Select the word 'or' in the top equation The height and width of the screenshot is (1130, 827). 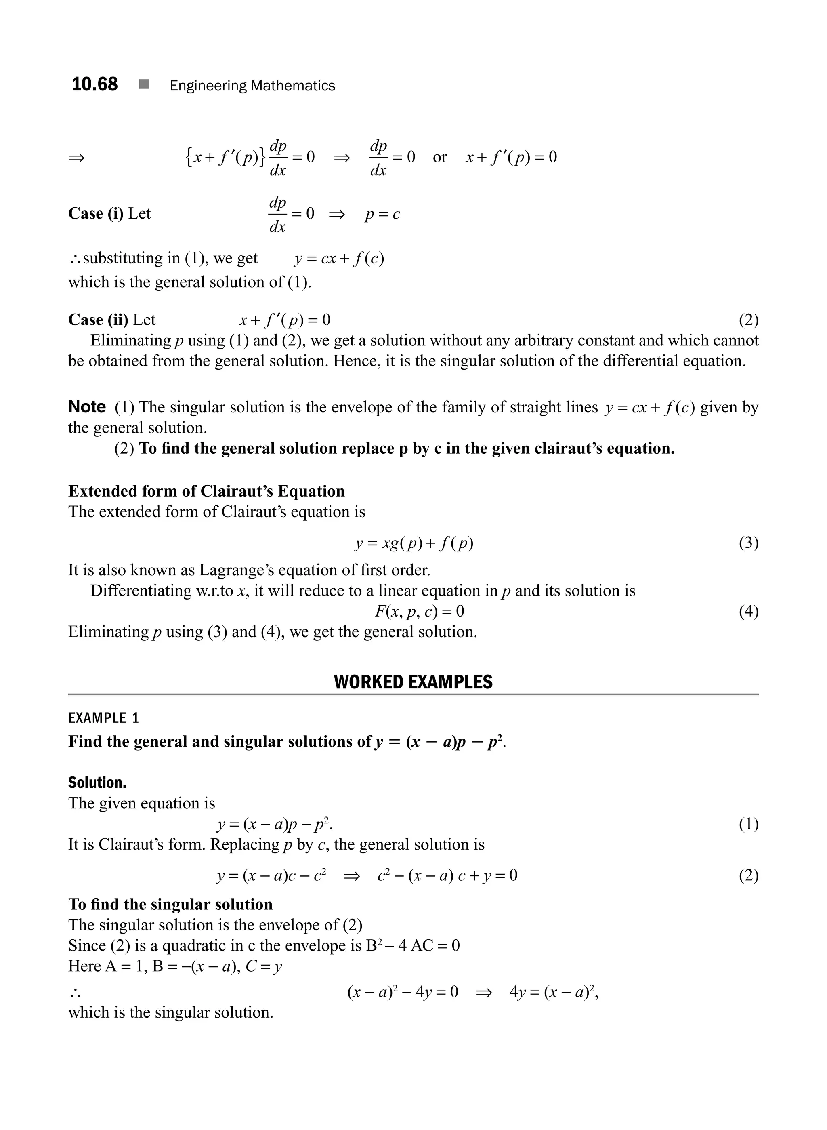[439, 157]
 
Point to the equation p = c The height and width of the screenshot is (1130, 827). [382, 215]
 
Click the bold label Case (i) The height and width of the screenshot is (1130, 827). [95, 214]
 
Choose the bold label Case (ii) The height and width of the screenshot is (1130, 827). [98, 320]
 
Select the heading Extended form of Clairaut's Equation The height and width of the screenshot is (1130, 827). [206, 491]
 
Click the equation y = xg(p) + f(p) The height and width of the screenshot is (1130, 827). [413, 543]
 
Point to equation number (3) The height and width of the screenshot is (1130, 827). [748, 543]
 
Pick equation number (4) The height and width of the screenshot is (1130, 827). [748, 612]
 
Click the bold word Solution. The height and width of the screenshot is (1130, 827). [97, 783]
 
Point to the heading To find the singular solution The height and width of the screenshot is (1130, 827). [170, 904]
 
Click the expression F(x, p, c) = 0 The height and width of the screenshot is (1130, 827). [419, 612]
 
